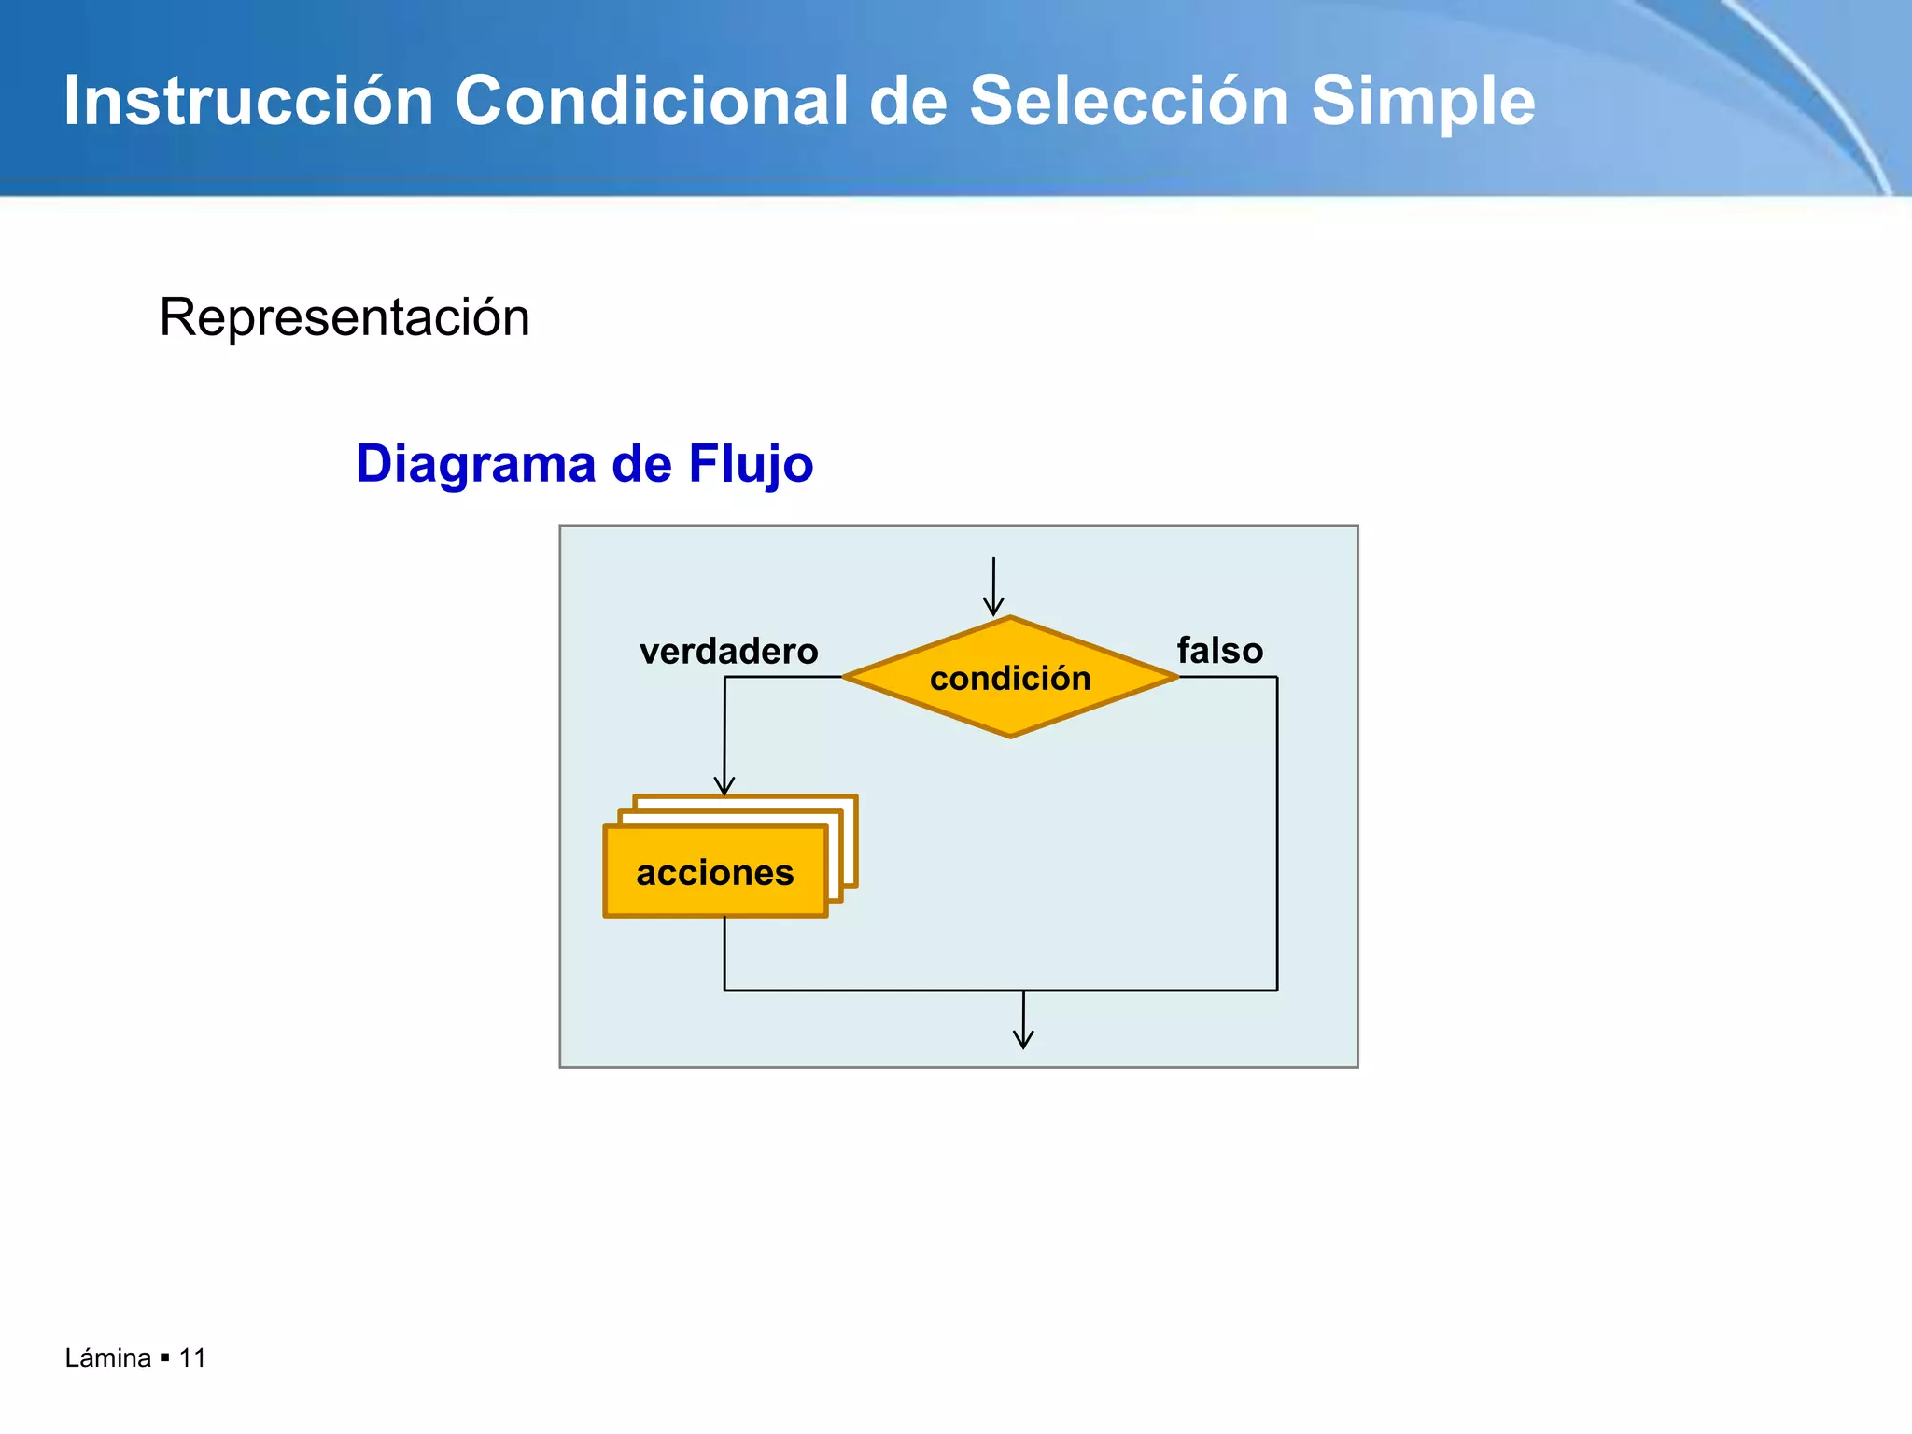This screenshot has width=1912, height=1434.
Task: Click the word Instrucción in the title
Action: (x=248, y=101)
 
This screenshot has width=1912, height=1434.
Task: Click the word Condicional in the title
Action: (x=651, y=101)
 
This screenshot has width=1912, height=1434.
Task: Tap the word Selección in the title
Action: (x=1129, y=101)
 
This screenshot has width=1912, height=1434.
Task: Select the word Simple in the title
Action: (x=1423, y=101)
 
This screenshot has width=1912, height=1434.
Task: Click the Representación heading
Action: (x=344, y=317)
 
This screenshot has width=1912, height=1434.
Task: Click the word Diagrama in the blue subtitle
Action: (x=475, y=464)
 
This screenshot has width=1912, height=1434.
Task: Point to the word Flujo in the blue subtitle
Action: (x=751, y=464)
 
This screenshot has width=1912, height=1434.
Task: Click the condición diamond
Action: (x=1010, y=678)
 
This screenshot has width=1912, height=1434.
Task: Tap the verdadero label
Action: (x=728, y=651)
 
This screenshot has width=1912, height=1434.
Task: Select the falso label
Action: (x=1219, y=650)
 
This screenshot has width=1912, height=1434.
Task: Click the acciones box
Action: (x=715, y=872)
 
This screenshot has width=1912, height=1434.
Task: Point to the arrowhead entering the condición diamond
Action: (x=993, y=606)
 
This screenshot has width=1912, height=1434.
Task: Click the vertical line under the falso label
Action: (x=1276, y=831)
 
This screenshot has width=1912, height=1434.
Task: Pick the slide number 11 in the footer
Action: (x=192, y=1357)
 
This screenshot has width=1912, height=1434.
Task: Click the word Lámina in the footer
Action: (x=107, y=1357)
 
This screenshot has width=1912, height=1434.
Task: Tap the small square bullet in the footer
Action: (x=164, y=1357)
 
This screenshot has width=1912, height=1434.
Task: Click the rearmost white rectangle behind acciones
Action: (x=747, y=802)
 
